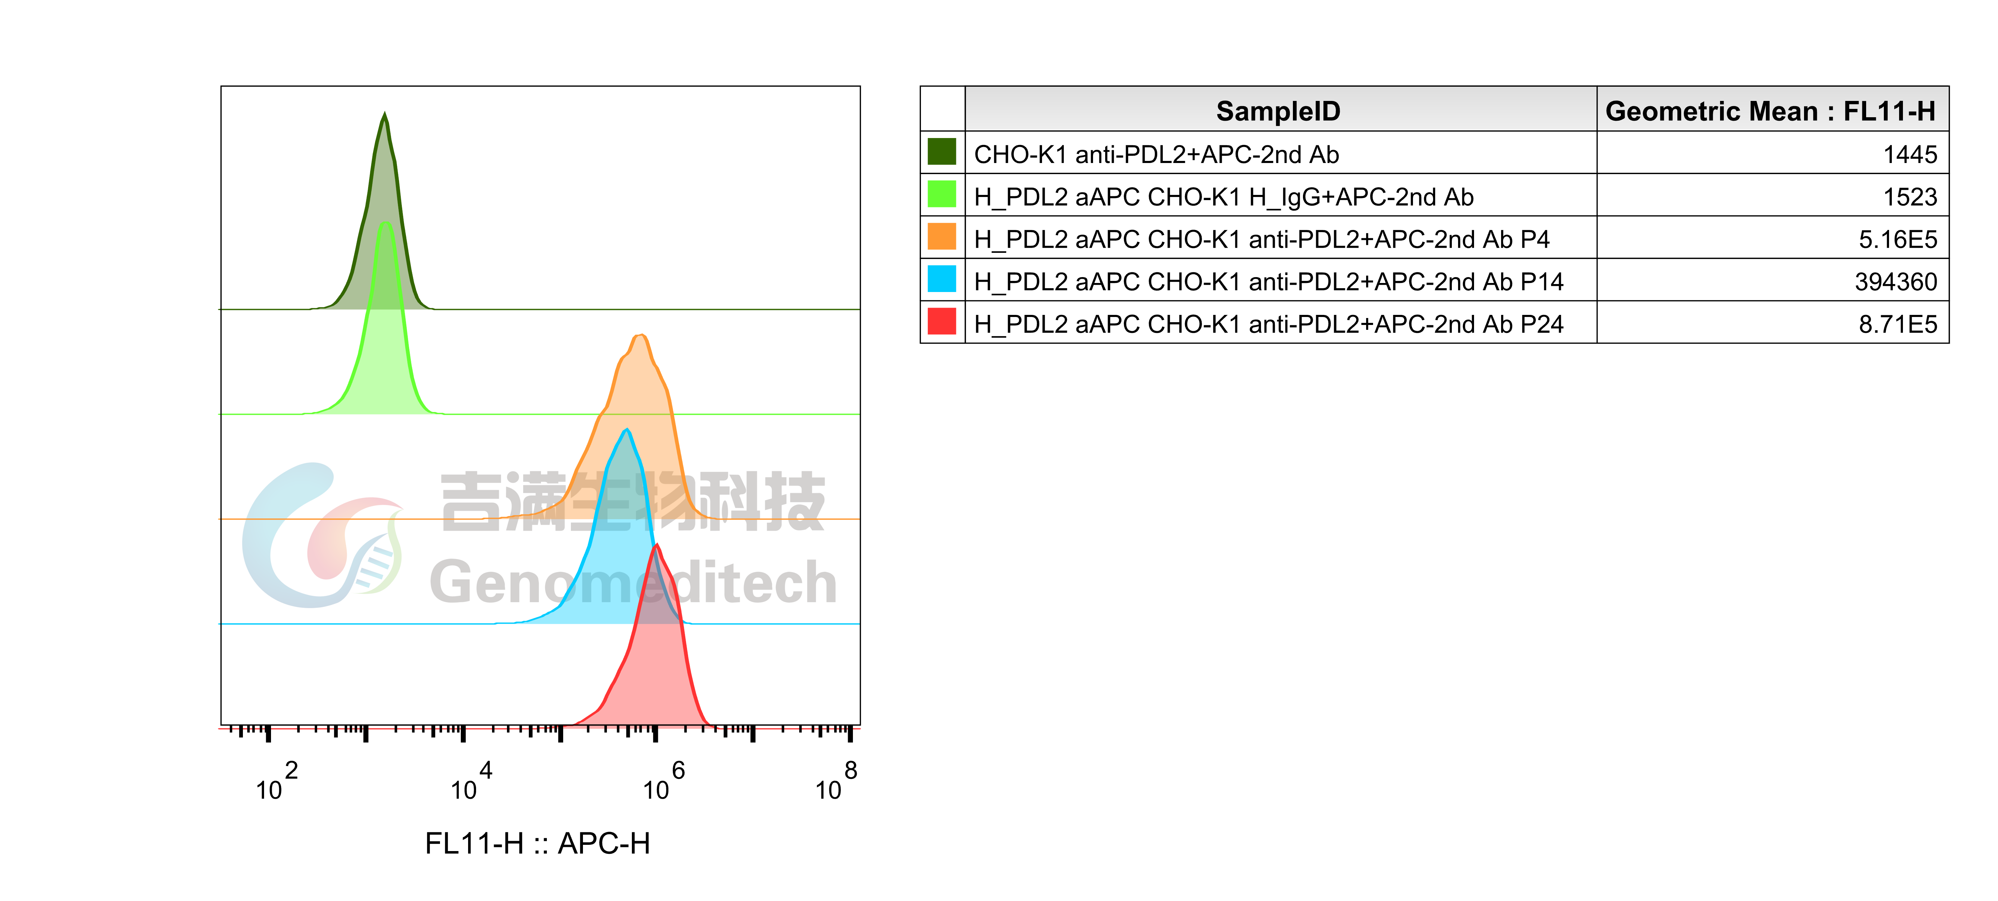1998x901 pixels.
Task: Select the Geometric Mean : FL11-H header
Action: click(1770, 111)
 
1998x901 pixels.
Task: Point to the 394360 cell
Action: click(1896, 282)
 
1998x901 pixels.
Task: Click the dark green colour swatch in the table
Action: click(942, 152)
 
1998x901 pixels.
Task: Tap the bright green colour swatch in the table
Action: click(942, 194)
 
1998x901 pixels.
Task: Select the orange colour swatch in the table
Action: click(942, 237)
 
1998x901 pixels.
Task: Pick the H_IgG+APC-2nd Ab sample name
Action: click(1223, 197)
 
